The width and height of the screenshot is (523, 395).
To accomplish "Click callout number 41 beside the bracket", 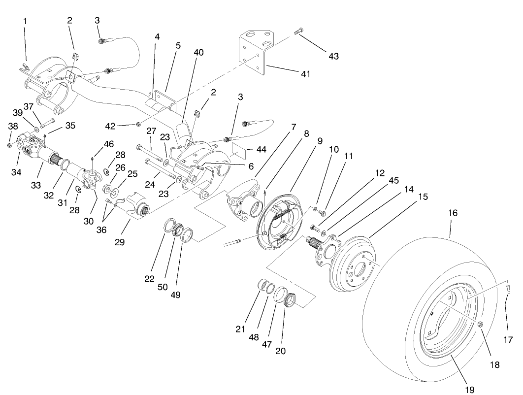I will click(x=306, y=73).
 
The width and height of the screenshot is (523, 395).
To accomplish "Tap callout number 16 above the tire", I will click(x=453, y=213).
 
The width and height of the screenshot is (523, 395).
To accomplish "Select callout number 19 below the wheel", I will click(x=469, y=390).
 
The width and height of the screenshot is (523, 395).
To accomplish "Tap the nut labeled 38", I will click(x=10, y=145).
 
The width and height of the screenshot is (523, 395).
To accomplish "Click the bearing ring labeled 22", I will click(x=168, y=225).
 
